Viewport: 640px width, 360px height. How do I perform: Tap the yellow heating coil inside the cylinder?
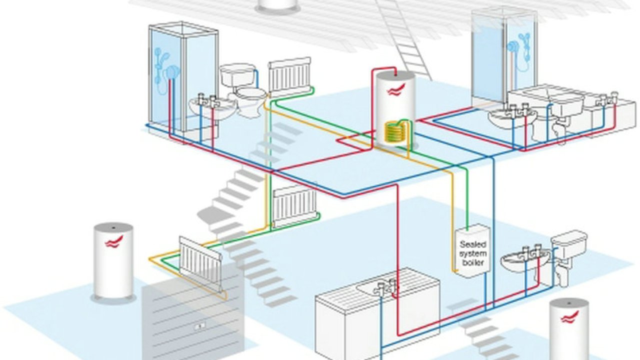click(x=394, y=133)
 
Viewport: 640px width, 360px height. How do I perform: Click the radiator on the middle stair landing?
click(x=295, y=205)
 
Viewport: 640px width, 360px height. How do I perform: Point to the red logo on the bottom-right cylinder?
click(x=569, y=316)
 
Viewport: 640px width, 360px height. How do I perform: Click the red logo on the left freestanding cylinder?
click(x=113, y=242)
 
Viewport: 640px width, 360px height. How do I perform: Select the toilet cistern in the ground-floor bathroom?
click(x=569, y=244)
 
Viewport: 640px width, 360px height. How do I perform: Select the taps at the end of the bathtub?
click(x=607, y=98)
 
